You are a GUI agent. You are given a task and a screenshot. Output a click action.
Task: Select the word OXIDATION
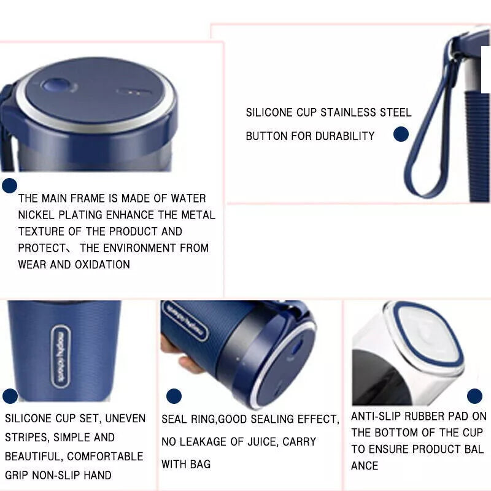coord(102,265)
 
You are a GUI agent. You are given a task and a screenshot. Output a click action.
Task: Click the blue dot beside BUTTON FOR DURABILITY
coord(401,134)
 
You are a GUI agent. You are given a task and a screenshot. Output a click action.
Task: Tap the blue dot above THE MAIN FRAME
coord(9,186)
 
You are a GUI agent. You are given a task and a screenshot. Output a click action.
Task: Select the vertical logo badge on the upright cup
coord(60,357)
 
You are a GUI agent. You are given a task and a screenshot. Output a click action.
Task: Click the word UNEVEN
coord(125,419)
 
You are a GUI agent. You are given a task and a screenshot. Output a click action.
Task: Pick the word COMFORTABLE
coord(105,456)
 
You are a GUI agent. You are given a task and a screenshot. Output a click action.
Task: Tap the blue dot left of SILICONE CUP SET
coord(10,396)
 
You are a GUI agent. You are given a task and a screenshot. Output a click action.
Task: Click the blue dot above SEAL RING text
coord(174,396)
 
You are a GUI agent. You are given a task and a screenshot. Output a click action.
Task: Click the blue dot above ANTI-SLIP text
coord(474,396)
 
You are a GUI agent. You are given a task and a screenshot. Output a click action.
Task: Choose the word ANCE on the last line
coord(365,466)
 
